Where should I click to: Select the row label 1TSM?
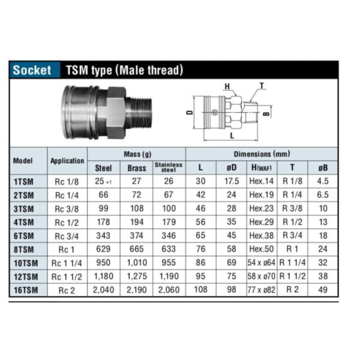24,181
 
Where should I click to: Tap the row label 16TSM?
24,290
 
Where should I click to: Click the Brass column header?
136,168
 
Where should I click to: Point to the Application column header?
67,161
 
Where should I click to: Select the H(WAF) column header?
262,168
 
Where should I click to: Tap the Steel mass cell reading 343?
103,235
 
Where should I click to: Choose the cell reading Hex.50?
262,249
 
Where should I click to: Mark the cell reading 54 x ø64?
262,263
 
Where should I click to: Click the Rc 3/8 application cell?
67,208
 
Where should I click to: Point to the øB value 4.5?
323,181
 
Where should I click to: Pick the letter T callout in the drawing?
262,86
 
